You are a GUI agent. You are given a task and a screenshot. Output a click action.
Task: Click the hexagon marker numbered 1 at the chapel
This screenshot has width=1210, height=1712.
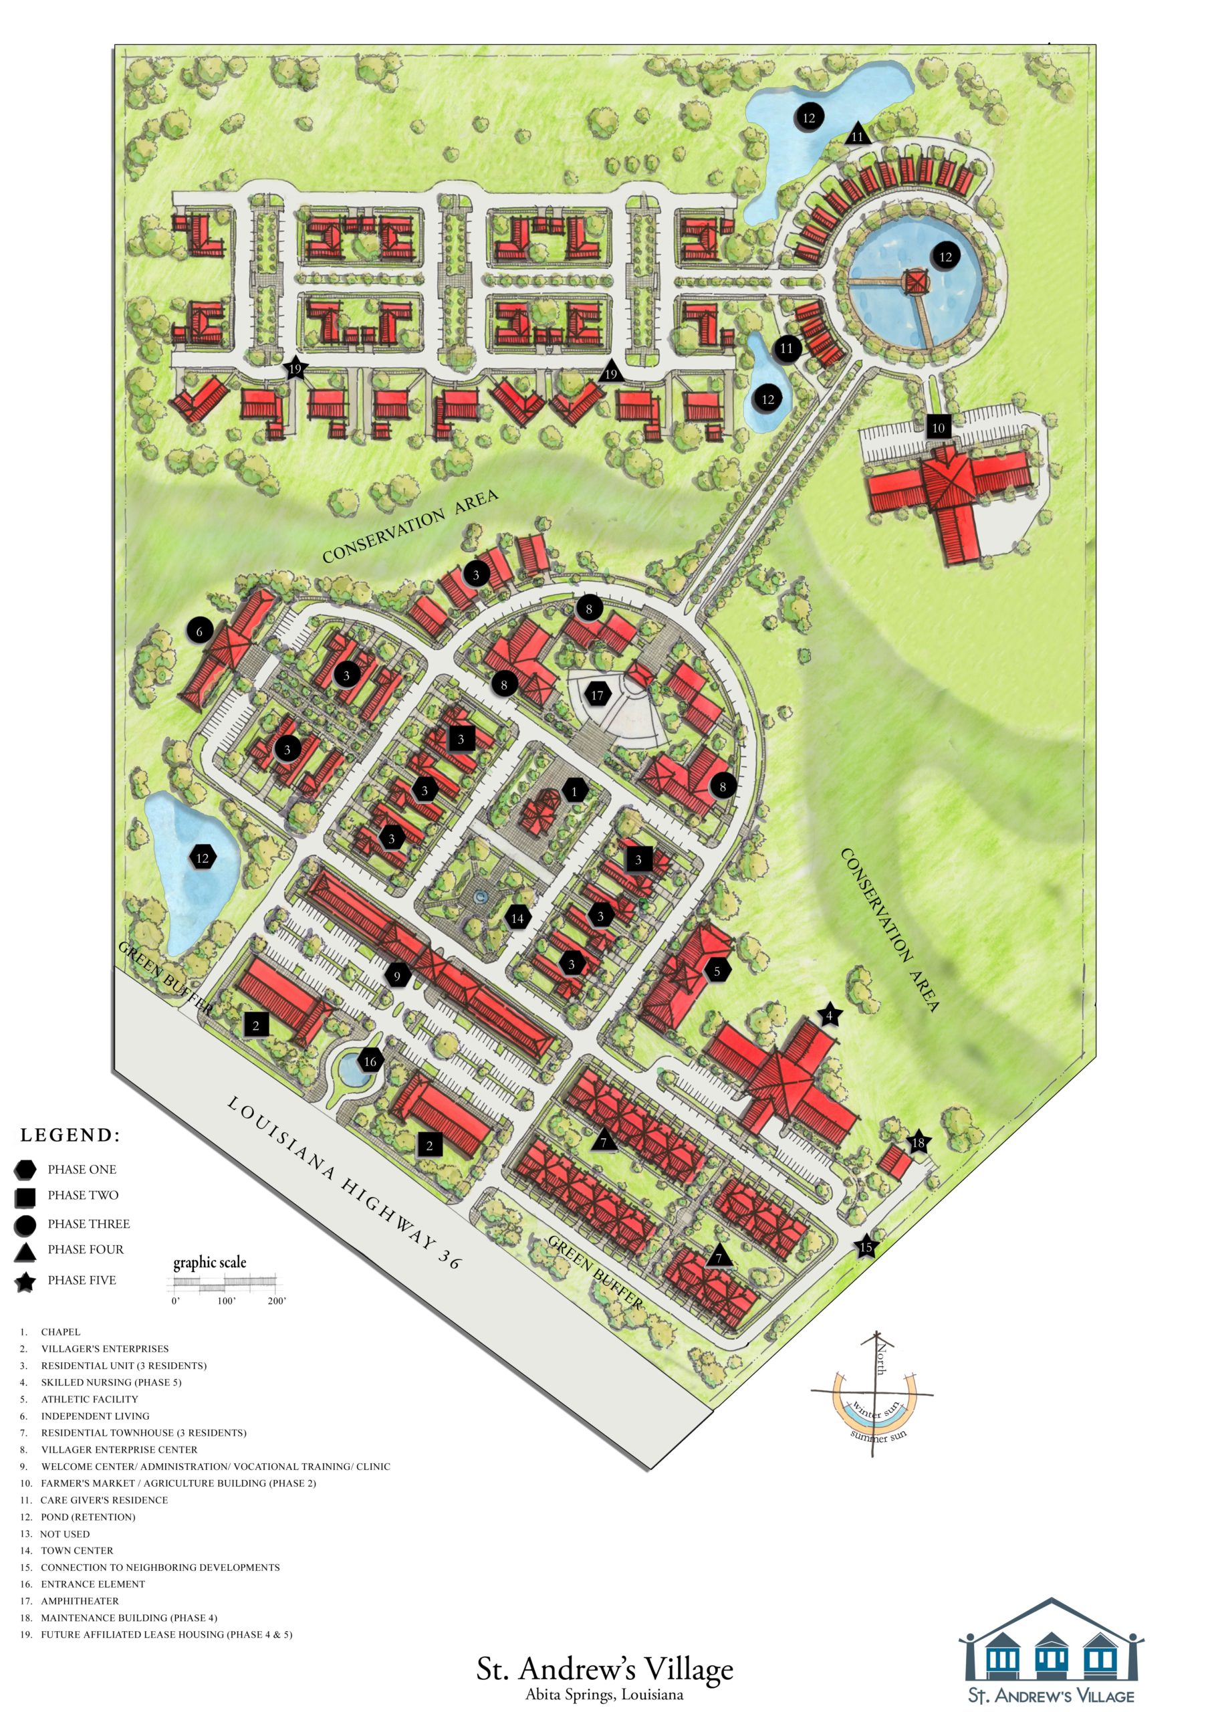(x=574, y=790)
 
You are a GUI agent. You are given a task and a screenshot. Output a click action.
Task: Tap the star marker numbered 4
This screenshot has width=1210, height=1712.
(x=829, y=1014)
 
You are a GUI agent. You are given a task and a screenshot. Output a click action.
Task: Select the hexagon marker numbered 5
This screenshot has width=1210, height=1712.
(x=717, y=971)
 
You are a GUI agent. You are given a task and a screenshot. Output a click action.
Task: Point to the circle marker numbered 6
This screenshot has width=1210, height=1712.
(x=199, y=631)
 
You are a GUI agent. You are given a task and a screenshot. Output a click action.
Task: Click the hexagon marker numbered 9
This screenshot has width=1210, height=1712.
(x=397, y=975)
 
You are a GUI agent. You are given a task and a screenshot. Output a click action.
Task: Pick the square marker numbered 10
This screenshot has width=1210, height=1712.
(x=938, y=427)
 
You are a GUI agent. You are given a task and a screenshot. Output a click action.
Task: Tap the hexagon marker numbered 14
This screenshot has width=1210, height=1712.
(x=517, y=918)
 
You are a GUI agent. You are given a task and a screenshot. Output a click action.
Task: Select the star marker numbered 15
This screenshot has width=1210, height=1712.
(x=866, y=1247)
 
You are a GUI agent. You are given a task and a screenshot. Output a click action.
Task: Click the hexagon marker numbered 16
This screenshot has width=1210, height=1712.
(x=370, y=1061)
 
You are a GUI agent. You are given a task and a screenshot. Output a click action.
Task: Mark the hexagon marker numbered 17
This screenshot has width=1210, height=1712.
(x=597, y=695)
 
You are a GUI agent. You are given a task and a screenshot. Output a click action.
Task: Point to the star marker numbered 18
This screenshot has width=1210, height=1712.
(x=918, y=1142)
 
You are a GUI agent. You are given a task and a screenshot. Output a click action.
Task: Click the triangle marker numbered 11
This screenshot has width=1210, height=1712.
(x=858, y=134)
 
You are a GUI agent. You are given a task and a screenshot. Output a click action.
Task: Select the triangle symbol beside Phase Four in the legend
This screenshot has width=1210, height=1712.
(x=25, y=1251)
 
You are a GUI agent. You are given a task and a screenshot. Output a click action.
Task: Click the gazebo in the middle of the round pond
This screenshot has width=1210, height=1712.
(x=915, y=282)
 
